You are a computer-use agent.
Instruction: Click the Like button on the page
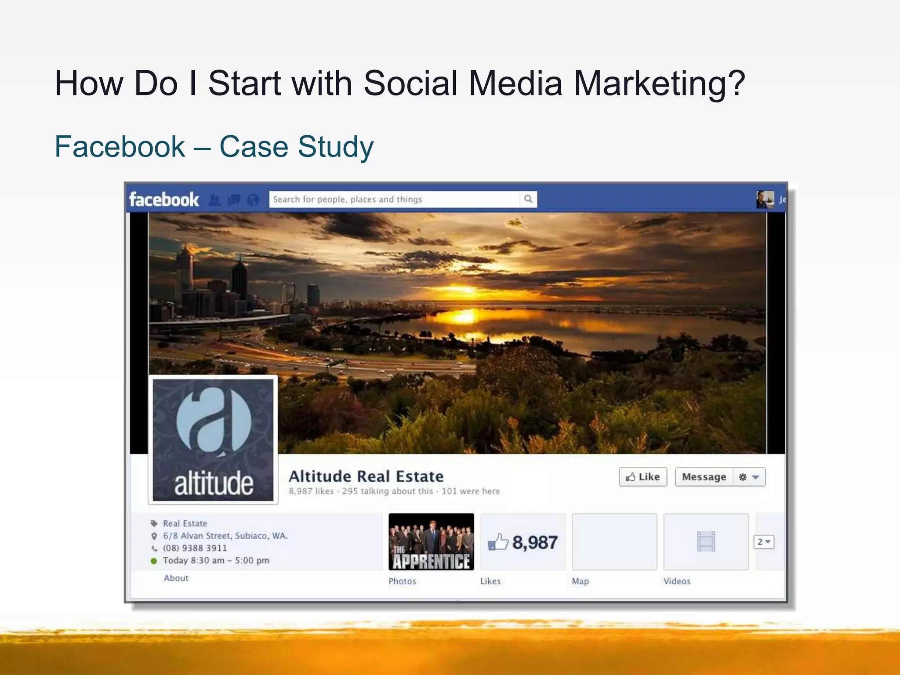point(642,477)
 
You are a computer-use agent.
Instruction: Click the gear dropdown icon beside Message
point(749,477)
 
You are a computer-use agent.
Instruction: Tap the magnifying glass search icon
point(528,199)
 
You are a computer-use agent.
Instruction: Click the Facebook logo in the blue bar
point(164,200)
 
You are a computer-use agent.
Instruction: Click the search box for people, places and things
point(393,200)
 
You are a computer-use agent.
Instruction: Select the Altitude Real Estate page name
point(366,476)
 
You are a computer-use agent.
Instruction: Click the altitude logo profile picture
point(213,440)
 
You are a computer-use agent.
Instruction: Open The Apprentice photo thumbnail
point(431,542)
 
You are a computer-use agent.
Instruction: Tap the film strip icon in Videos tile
point(706,542)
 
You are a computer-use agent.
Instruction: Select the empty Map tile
point(614,542)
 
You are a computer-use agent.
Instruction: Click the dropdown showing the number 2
point(764,542)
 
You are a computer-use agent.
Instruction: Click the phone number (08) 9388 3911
point(195,548)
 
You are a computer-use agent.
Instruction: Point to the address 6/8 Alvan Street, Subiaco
point(225,536)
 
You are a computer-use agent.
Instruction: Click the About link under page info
point(176,578)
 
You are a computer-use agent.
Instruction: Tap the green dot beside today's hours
point(154,561)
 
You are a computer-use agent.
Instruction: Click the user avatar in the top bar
point(765,200)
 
